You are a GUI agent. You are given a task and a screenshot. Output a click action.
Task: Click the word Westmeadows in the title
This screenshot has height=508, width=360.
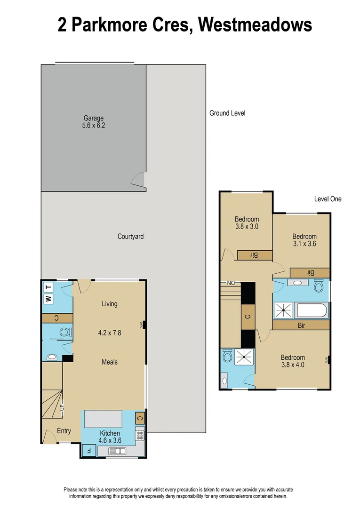(255, 24)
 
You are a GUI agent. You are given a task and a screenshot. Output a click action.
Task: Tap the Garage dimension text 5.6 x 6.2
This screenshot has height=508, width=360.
(94, 126)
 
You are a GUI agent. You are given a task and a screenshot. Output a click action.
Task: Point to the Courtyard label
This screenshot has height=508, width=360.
(130, 237)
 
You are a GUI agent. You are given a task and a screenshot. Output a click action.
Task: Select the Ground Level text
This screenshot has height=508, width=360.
(227, 113)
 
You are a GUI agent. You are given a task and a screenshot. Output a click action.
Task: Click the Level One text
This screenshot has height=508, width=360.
(328, 199)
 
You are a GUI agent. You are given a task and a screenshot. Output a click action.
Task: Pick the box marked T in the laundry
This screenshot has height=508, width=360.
(48, 287)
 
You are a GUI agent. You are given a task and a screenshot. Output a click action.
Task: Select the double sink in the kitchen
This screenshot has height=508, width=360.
(117, 451)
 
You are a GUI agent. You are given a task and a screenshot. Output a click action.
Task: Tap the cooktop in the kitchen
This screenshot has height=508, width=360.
(139, 435)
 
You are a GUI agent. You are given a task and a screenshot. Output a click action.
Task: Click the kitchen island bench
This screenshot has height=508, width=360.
(103, 418)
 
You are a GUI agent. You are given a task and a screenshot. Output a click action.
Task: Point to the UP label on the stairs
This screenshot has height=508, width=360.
(62, 407)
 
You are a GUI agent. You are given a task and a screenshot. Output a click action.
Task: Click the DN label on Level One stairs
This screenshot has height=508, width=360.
(231, 283)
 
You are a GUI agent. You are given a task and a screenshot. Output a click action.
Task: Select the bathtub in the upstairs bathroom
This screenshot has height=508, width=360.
(312, 311)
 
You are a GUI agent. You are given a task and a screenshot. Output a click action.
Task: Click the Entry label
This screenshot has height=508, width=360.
(64, 431)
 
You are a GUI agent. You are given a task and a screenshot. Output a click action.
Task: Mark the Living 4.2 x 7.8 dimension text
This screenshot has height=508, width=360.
(109, 333)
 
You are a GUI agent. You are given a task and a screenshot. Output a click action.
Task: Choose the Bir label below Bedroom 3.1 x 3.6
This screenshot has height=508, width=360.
(310, 272)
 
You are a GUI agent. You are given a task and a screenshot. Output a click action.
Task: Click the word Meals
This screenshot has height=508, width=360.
(110, 362)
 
